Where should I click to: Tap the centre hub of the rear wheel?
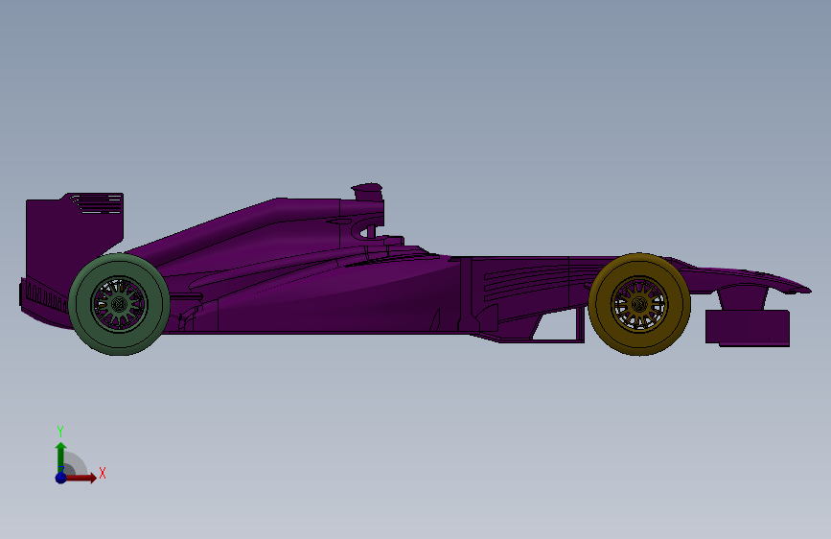pyautogui.click(x=119, y=304)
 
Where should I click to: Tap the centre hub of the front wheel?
pyautogui.click(x=639, y=303)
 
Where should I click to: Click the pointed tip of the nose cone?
pyautogui.click(x=807, y=286)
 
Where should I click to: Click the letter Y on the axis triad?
pyautogui.click(x=59, y=431)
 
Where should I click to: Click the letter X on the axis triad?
pyautogui.click(x=102, y=473)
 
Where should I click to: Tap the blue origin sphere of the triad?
pyautogui.click(x=60, y=478)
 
